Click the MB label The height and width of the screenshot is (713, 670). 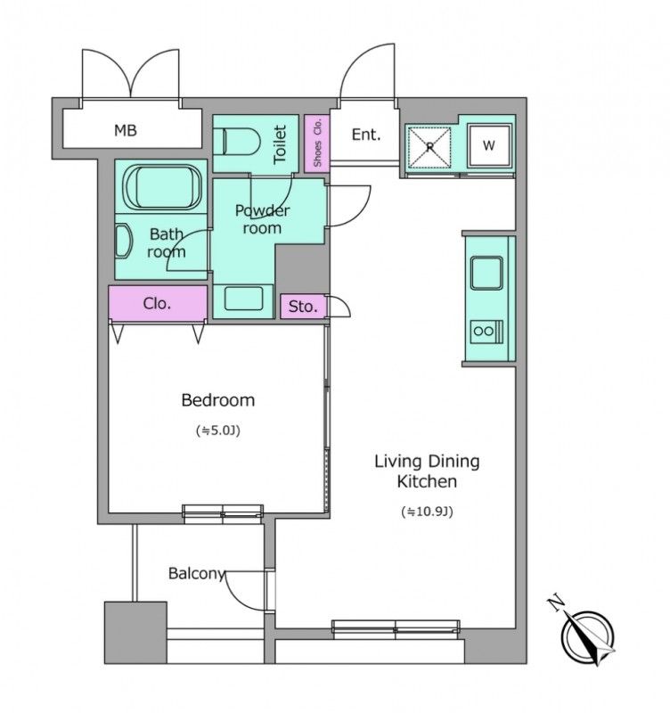point(126,131)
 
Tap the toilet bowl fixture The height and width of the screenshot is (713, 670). point(236,142)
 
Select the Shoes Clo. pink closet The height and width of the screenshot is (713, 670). point(317,143)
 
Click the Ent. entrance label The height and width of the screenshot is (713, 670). point(366,135)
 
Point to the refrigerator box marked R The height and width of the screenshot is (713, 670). point(429,146)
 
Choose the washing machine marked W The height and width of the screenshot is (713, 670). point(489,145)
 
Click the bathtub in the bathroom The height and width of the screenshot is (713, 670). point(163,187)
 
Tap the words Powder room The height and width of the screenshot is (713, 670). point(262,219)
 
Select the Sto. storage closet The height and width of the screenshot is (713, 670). point(303,306)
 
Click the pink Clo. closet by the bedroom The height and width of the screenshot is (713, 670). point(159,303)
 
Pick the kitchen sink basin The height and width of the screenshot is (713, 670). point(486,273)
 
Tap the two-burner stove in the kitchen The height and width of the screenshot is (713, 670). point(486,332)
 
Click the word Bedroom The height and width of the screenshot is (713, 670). point(217,400)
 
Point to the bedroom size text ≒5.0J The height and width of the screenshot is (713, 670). point(218,430)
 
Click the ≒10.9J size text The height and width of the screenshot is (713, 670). point(427,512)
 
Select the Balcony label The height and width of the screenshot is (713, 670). point(197,573)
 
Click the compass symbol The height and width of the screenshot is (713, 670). point(588,636)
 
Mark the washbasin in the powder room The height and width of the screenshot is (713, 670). point(243,299)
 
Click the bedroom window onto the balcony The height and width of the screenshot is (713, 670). point(223,512)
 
